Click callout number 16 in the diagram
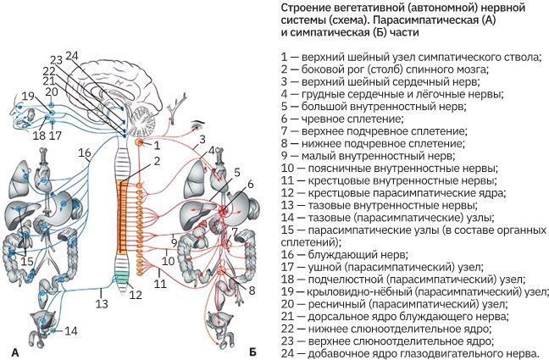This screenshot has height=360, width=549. point(84,152)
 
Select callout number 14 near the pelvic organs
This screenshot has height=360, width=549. point(71,330)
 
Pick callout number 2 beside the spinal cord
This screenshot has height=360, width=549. point(145,161)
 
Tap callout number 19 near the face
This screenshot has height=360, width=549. point(28,96)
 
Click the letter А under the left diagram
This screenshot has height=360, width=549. point(14,351)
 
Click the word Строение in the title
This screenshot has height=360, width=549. point(302,8)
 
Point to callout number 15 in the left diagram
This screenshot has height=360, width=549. point(28,261)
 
